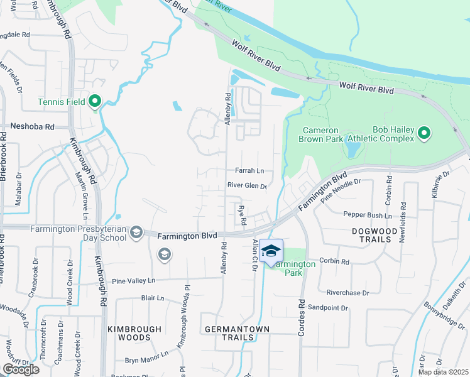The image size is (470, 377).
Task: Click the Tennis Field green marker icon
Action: point(95,101)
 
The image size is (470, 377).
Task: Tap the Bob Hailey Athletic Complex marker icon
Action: point(424,133)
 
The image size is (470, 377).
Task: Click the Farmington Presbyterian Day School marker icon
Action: point(136,234)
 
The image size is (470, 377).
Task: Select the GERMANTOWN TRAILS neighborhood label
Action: point(237,333)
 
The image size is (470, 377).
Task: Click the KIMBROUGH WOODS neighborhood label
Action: point(134,333)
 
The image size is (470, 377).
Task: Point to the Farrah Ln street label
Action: point(249,170)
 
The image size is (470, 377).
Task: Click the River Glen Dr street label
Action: point(247,185)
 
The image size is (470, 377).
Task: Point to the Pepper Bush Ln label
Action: point(368,215)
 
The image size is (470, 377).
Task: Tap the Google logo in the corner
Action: point(21,369)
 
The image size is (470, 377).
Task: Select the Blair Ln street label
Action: point(152,298)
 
